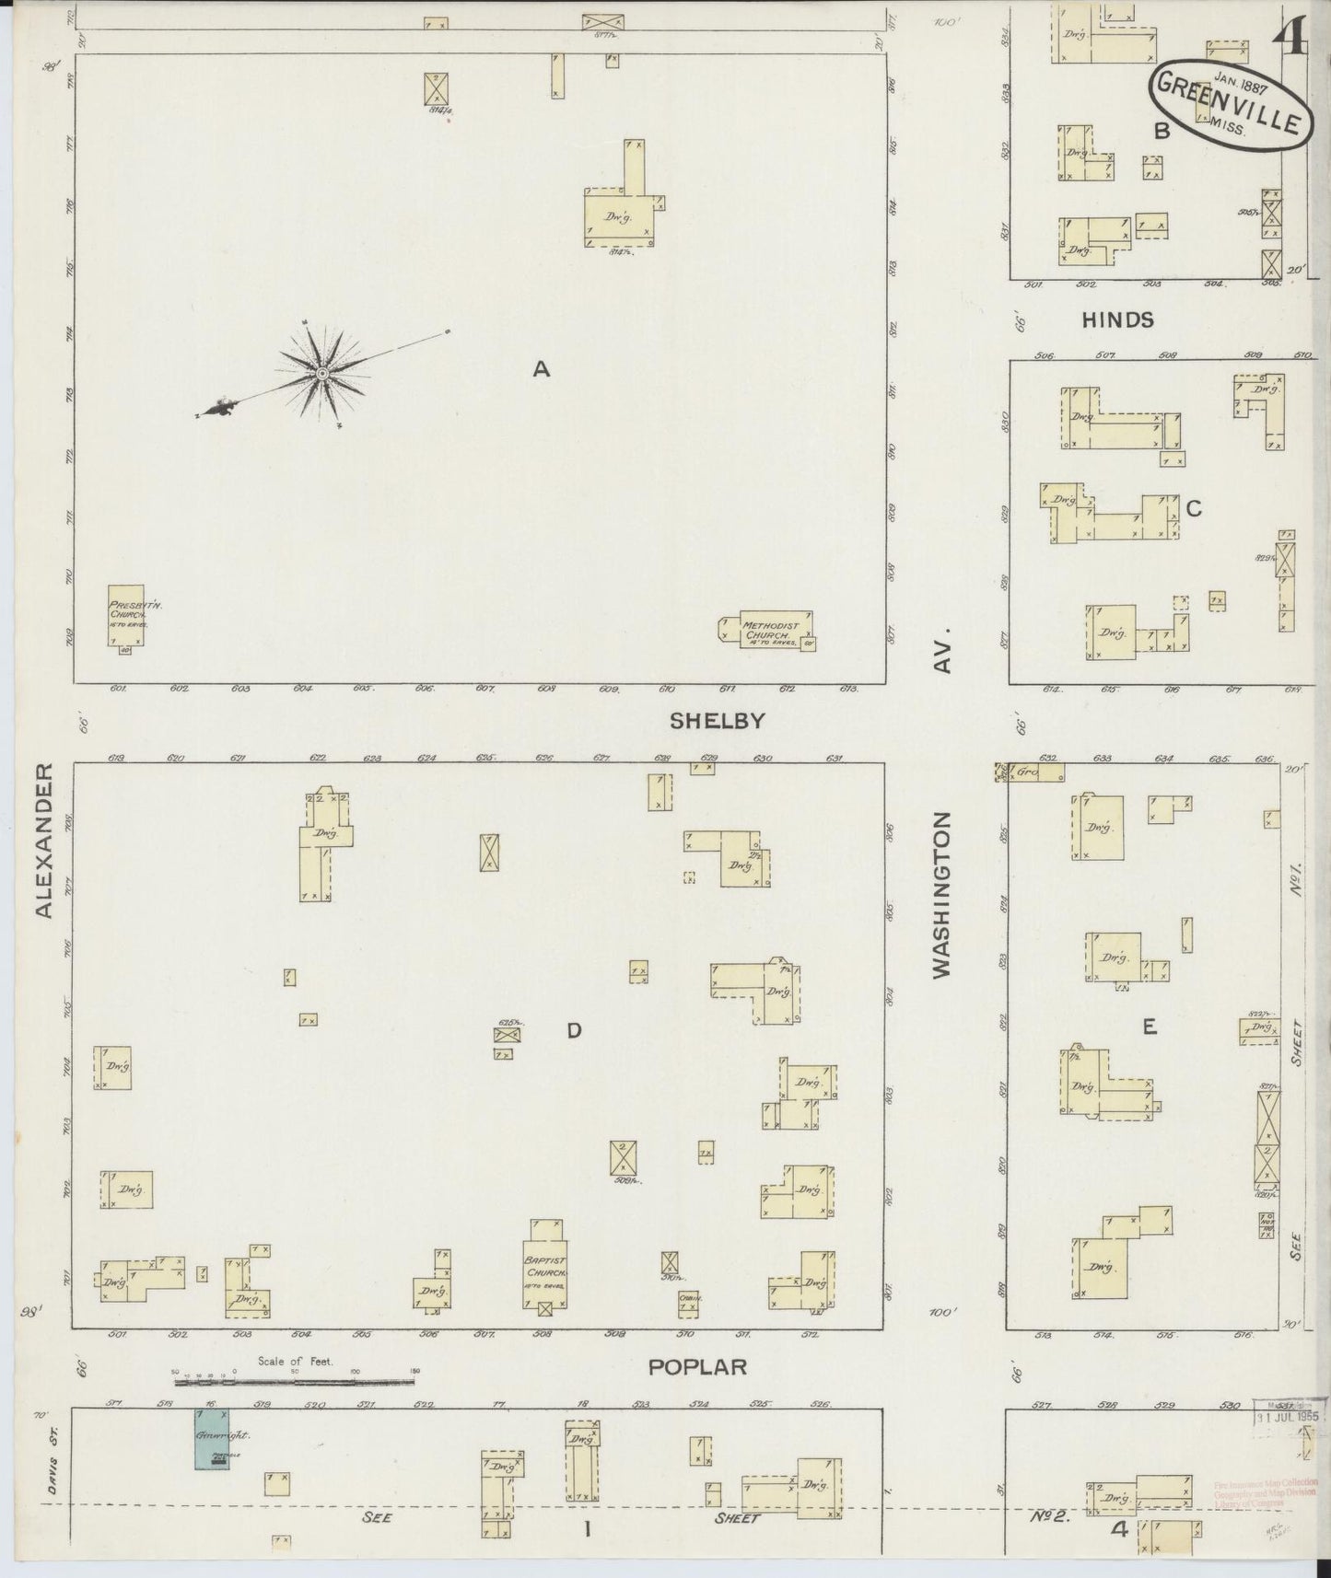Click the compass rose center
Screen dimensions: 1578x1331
pyautogui.click(x=321, y=373)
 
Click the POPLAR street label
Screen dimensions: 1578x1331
pyautogui.click(x=697, y=1366)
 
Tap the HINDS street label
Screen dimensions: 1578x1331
pyautogui.click(x=1117, y=320)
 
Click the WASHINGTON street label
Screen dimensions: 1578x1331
pyautogui.click(x=940, y=893)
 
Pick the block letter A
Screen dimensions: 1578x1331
pyautogui.click(x=541, y=370)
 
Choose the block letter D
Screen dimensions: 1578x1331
pyautogui.click(x=574, y=1030)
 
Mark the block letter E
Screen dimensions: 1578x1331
pyautogui.click(x=1149, y=1027)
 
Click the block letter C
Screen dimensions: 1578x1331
pyautogui.click(x=1194, y=508)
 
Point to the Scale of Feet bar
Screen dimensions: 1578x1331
pyautogui.click(x=295, y=1381)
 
